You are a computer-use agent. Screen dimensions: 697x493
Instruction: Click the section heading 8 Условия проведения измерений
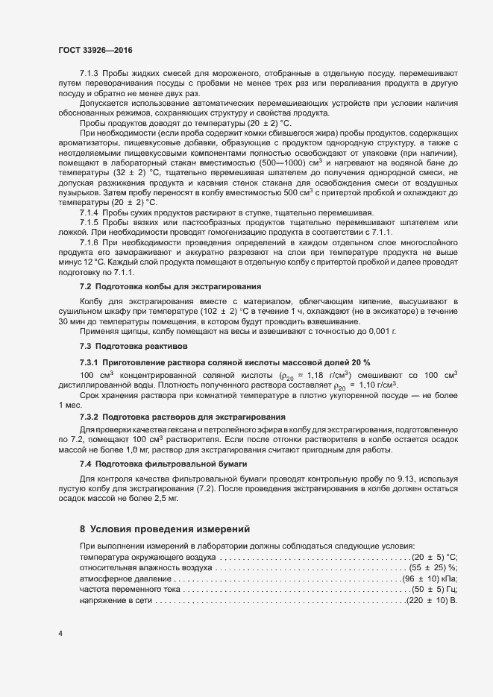pyautogui.click(x=163, y=529)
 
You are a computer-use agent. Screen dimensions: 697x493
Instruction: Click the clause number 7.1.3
pyautogui.click(x=89, y=75)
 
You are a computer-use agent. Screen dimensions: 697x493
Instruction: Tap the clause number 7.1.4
pyautogui.click(x=89, y=213)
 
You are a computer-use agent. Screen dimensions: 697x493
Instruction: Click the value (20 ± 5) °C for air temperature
pyautogui.click(x=435, y=558)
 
